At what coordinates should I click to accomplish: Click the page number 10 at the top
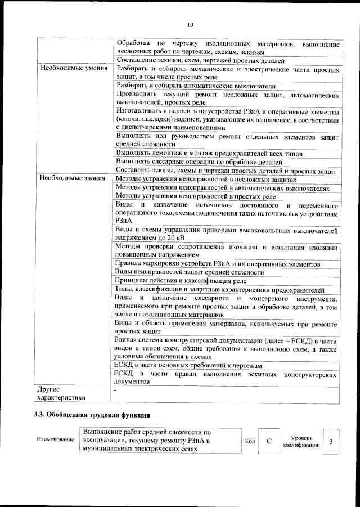(190, 24)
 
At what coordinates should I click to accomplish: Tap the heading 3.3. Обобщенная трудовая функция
(92, 415)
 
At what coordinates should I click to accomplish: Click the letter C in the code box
(269, 441)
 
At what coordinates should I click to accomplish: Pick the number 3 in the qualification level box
(331, 441)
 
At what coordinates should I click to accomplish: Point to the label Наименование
(55, 439)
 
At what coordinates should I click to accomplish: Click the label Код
(250, 441)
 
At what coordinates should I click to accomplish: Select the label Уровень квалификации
(301, 441)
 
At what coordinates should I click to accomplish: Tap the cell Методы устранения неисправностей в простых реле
(195, 196)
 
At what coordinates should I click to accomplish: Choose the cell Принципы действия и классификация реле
(181, 280)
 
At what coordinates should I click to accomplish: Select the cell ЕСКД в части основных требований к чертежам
(189, 365)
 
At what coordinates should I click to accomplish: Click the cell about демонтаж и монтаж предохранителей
(209, 154)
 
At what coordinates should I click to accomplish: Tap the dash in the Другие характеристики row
(115, 389)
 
